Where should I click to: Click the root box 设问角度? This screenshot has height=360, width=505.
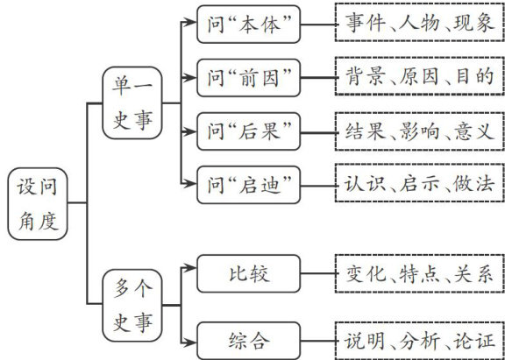[38, 203]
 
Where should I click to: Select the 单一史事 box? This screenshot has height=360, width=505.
[132, 103]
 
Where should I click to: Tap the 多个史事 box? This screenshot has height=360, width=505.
[132, 306]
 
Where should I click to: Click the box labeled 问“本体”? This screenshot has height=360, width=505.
[248, 25]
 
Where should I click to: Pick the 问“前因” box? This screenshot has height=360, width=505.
[248, 78]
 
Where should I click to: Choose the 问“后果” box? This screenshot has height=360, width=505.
[248, 131]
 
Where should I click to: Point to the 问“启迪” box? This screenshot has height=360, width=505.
[248, 185]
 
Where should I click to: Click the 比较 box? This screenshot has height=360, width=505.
[248, 273]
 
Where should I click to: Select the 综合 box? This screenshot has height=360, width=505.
[248, 341]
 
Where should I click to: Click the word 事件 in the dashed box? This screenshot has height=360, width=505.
[366, 23]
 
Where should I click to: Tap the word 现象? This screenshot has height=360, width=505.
[473, 23]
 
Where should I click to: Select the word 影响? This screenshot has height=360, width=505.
[419, 131]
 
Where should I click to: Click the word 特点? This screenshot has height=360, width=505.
[419, 274]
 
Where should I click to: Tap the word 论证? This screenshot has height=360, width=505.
[473, 341]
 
